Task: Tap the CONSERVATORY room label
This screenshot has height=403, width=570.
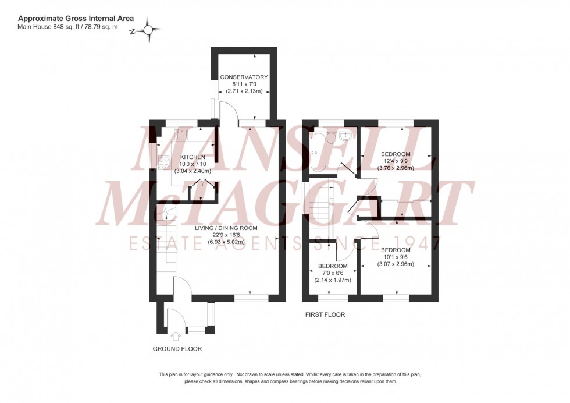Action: [244, 77]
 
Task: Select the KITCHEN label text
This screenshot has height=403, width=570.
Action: [193, 157]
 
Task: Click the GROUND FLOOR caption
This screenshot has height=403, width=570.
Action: [177, 349]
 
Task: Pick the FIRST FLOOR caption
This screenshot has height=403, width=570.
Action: [325, 314]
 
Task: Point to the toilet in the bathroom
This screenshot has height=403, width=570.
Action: [330, 137]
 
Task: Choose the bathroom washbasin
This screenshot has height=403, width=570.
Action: [347, 135]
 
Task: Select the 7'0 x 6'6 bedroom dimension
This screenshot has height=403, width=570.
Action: [333, 273]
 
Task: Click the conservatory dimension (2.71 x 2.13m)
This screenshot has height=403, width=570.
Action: [244, 91]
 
